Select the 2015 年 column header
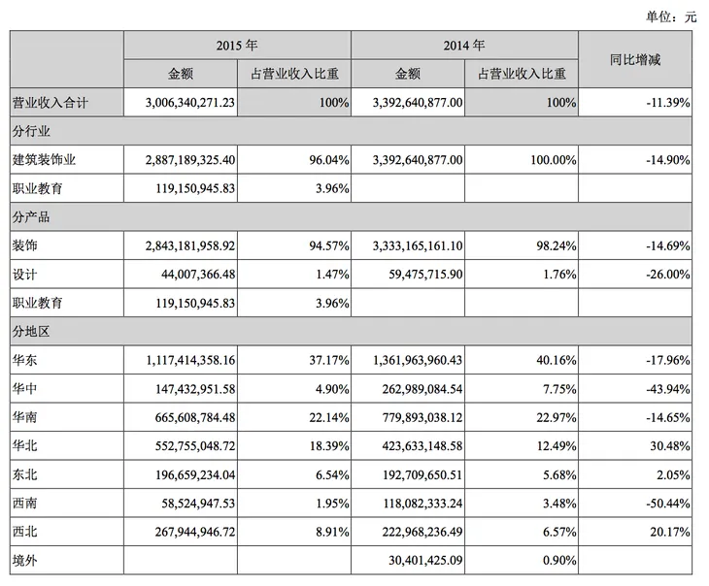[236, 46]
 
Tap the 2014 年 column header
[464, 46]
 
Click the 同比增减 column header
[635, 59]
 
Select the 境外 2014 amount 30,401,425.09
[416, 561]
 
